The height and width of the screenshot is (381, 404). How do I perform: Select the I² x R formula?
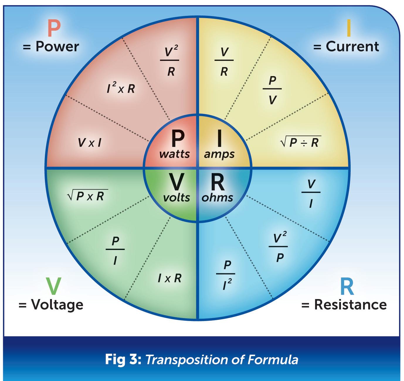121,88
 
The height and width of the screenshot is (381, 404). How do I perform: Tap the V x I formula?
90,143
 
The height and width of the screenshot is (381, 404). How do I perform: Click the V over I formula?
311,193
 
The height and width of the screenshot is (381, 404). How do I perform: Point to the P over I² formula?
226,274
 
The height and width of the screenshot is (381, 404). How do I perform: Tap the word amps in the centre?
219,154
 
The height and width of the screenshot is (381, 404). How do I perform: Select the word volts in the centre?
176,198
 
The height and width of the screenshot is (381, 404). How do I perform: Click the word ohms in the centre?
217,198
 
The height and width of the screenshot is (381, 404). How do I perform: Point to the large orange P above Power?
54,28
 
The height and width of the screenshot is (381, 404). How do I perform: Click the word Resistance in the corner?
350,305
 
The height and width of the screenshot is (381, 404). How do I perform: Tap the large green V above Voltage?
53,286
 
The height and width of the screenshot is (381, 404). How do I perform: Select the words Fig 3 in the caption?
123,359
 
